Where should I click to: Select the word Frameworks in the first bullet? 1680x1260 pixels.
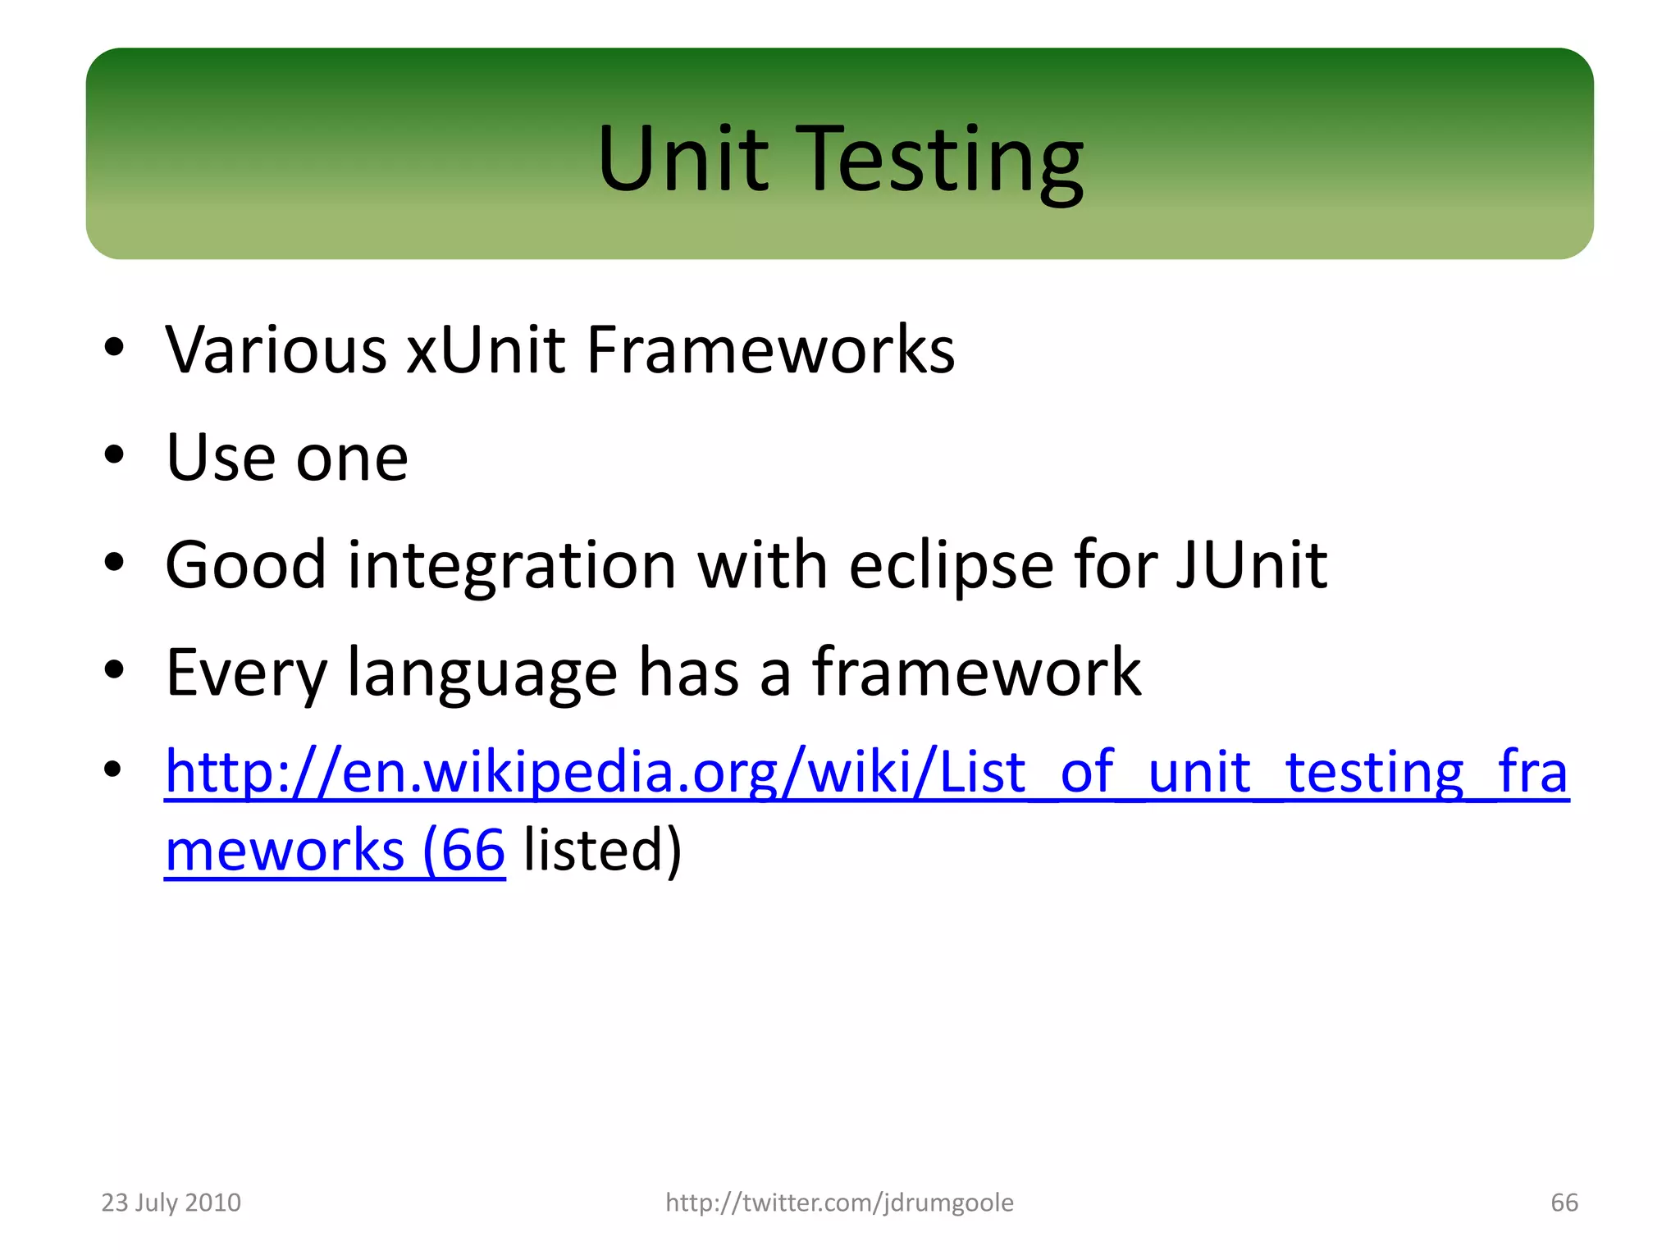770,350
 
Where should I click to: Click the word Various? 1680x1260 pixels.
276,350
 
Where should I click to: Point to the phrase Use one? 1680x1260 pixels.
286,458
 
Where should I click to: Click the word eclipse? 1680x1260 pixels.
951,566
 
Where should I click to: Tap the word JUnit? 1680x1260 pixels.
1251,566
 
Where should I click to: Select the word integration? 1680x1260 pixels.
512,566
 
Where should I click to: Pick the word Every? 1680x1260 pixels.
246,673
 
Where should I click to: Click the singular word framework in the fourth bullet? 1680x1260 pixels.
976,673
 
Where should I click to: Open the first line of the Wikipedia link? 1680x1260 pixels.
866,772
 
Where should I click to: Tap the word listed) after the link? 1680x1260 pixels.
602,850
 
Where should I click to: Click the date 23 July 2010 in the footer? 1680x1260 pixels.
171,1203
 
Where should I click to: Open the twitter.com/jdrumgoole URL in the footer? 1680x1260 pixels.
839,1203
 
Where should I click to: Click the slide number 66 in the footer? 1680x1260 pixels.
1564,1203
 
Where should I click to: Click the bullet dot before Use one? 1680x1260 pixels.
114,454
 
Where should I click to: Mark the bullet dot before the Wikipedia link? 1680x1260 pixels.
114,769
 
